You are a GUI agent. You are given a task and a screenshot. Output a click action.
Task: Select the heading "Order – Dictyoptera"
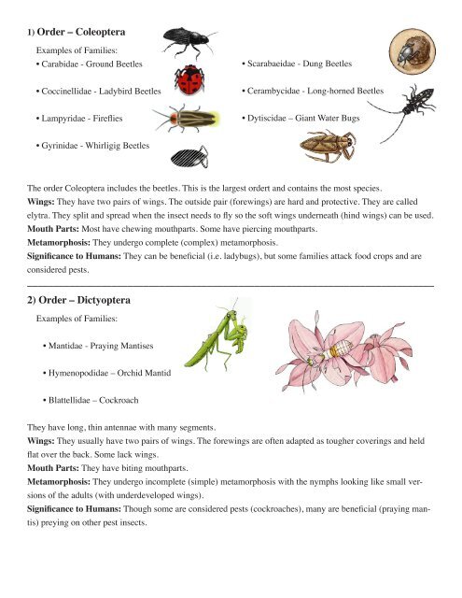85,301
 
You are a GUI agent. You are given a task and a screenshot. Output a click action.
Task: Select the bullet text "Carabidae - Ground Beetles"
90,63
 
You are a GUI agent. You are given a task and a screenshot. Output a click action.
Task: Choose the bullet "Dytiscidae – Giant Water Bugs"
303,120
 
